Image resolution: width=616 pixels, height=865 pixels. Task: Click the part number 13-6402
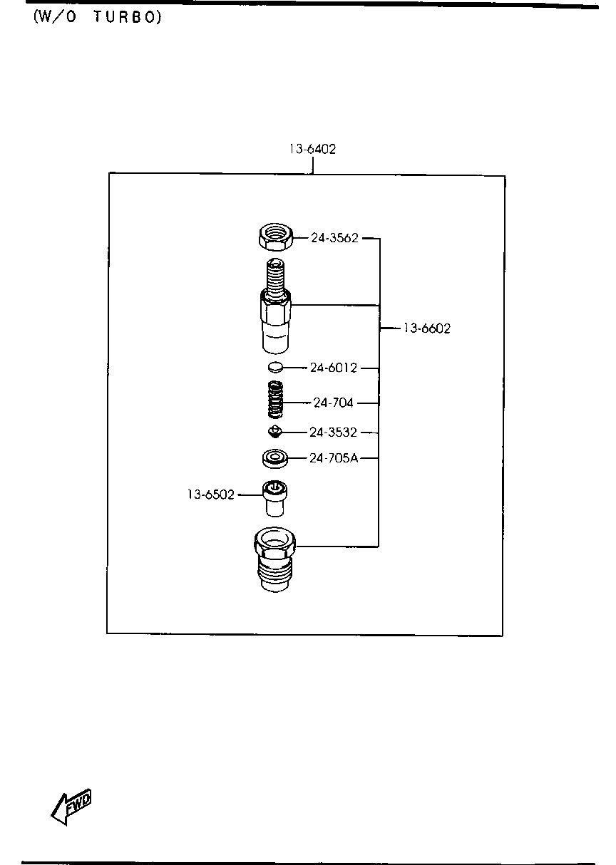point(313,149)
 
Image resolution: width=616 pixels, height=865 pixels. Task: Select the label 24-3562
point(334,238)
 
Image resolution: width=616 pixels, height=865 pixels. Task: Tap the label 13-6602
point(427,328)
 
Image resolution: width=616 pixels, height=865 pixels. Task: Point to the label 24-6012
point(334,368)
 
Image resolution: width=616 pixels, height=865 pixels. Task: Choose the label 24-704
point(333,403)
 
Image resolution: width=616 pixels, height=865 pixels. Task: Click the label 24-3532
point(333,432)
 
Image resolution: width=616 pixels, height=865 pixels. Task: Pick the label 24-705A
point(334,458)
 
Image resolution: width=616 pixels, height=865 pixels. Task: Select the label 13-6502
point(211,494)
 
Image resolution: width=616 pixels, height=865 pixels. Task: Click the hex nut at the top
point(275,237)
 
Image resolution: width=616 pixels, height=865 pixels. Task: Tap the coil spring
point(275,399)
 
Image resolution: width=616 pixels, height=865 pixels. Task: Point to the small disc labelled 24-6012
point(275,367)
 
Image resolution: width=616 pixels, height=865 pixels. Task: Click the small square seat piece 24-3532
point(274,431)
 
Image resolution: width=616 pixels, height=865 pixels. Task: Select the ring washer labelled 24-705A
point(274,459)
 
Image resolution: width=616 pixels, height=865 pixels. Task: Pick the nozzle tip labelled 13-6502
point(274,498)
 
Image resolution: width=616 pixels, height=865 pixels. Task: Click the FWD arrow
point(71,807)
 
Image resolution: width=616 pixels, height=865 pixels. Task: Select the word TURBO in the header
point(128,17)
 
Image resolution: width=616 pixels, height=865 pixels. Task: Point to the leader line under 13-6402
point(313,165)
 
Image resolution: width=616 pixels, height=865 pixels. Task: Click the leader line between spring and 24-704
point(297,403)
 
